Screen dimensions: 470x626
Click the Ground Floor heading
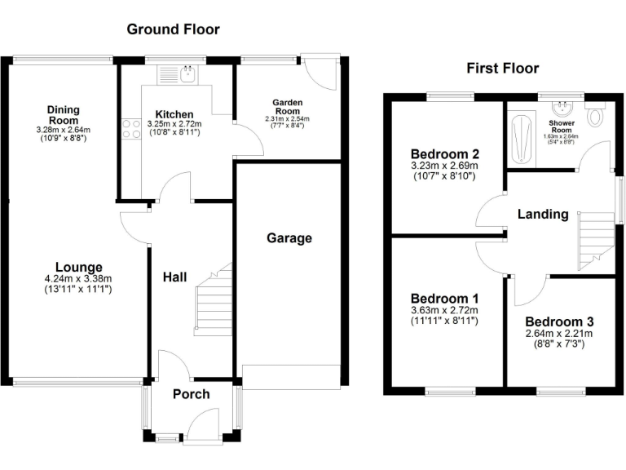tap(173, 29)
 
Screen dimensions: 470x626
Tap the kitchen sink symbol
tap(186, 75)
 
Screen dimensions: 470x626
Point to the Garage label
tap(289, 238)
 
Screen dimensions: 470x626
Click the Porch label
tap(192, 394)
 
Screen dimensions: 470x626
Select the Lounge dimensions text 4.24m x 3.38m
tap(78, 279)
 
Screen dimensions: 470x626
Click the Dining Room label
tap(62, 115)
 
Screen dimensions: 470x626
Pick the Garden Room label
tap(287, 107)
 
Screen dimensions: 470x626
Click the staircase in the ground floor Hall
tap(214, 302)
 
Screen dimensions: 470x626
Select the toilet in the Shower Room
tap(596, 116)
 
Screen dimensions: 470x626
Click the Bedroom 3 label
tap(558, 321)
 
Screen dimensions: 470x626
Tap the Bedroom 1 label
tap(444, 298)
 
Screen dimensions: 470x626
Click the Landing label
tap(543, 215)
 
